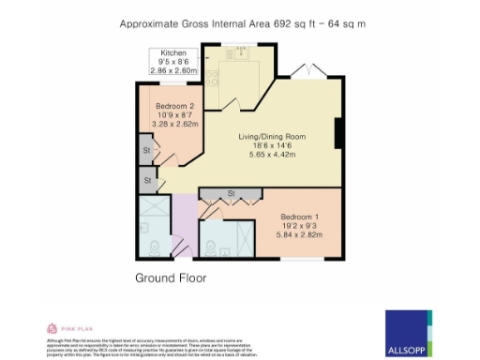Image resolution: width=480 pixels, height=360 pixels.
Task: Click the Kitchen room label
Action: coord(173,53)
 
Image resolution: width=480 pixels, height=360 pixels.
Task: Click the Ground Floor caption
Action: coord(171,278)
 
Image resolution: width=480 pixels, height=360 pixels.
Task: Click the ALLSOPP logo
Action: coord(409,325)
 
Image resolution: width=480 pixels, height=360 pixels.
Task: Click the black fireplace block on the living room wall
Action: coord(339,133)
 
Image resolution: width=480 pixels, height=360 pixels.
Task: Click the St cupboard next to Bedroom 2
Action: coord(147,149)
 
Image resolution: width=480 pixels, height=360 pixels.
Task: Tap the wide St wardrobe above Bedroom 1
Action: coord(231,195)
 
